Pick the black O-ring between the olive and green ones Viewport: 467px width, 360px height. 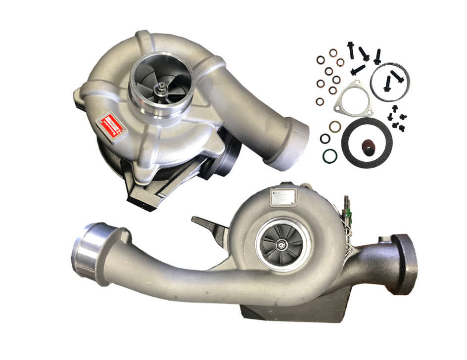click(x=325, y=139)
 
